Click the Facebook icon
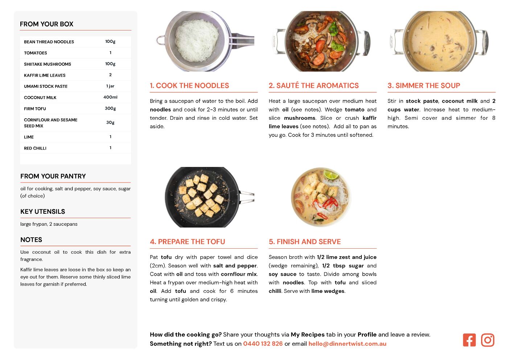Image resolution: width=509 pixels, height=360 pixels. (x=469, y=340)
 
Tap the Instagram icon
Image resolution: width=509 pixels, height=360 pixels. (x=488, y=340)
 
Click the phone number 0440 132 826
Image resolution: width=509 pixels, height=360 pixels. (x=263, y=344)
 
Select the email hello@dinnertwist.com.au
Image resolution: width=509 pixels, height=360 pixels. (x=347, y=344)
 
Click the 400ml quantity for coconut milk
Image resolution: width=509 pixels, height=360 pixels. (x=110, y=97)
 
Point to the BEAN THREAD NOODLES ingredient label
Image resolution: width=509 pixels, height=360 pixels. (x=49, y=42)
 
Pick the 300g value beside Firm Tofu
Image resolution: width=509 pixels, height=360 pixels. (x=110, y=109)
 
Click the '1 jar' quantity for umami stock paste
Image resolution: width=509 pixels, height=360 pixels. (x=110, y=86)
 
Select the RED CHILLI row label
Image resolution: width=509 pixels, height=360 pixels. (x=35, y=148)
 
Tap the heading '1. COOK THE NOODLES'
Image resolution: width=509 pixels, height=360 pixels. (x=189, y=85)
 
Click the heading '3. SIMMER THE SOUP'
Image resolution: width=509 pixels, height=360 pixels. (x=424, y=85)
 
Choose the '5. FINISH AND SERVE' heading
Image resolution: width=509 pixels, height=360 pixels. (x=305, y=242)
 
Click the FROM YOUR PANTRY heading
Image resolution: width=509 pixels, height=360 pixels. (x=53, y=176)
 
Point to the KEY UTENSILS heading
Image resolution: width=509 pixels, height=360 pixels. (x=43, y=212)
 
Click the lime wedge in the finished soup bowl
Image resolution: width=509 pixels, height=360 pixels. (x=331, y=175)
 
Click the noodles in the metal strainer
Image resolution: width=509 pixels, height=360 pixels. (x=197, y=40)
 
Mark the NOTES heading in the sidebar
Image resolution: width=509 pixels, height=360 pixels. (x=31, y=240)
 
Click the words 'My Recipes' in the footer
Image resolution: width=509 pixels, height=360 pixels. (x=308, y=335)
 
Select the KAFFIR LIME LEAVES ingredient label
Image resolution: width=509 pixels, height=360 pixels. (x=45, y=75)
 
